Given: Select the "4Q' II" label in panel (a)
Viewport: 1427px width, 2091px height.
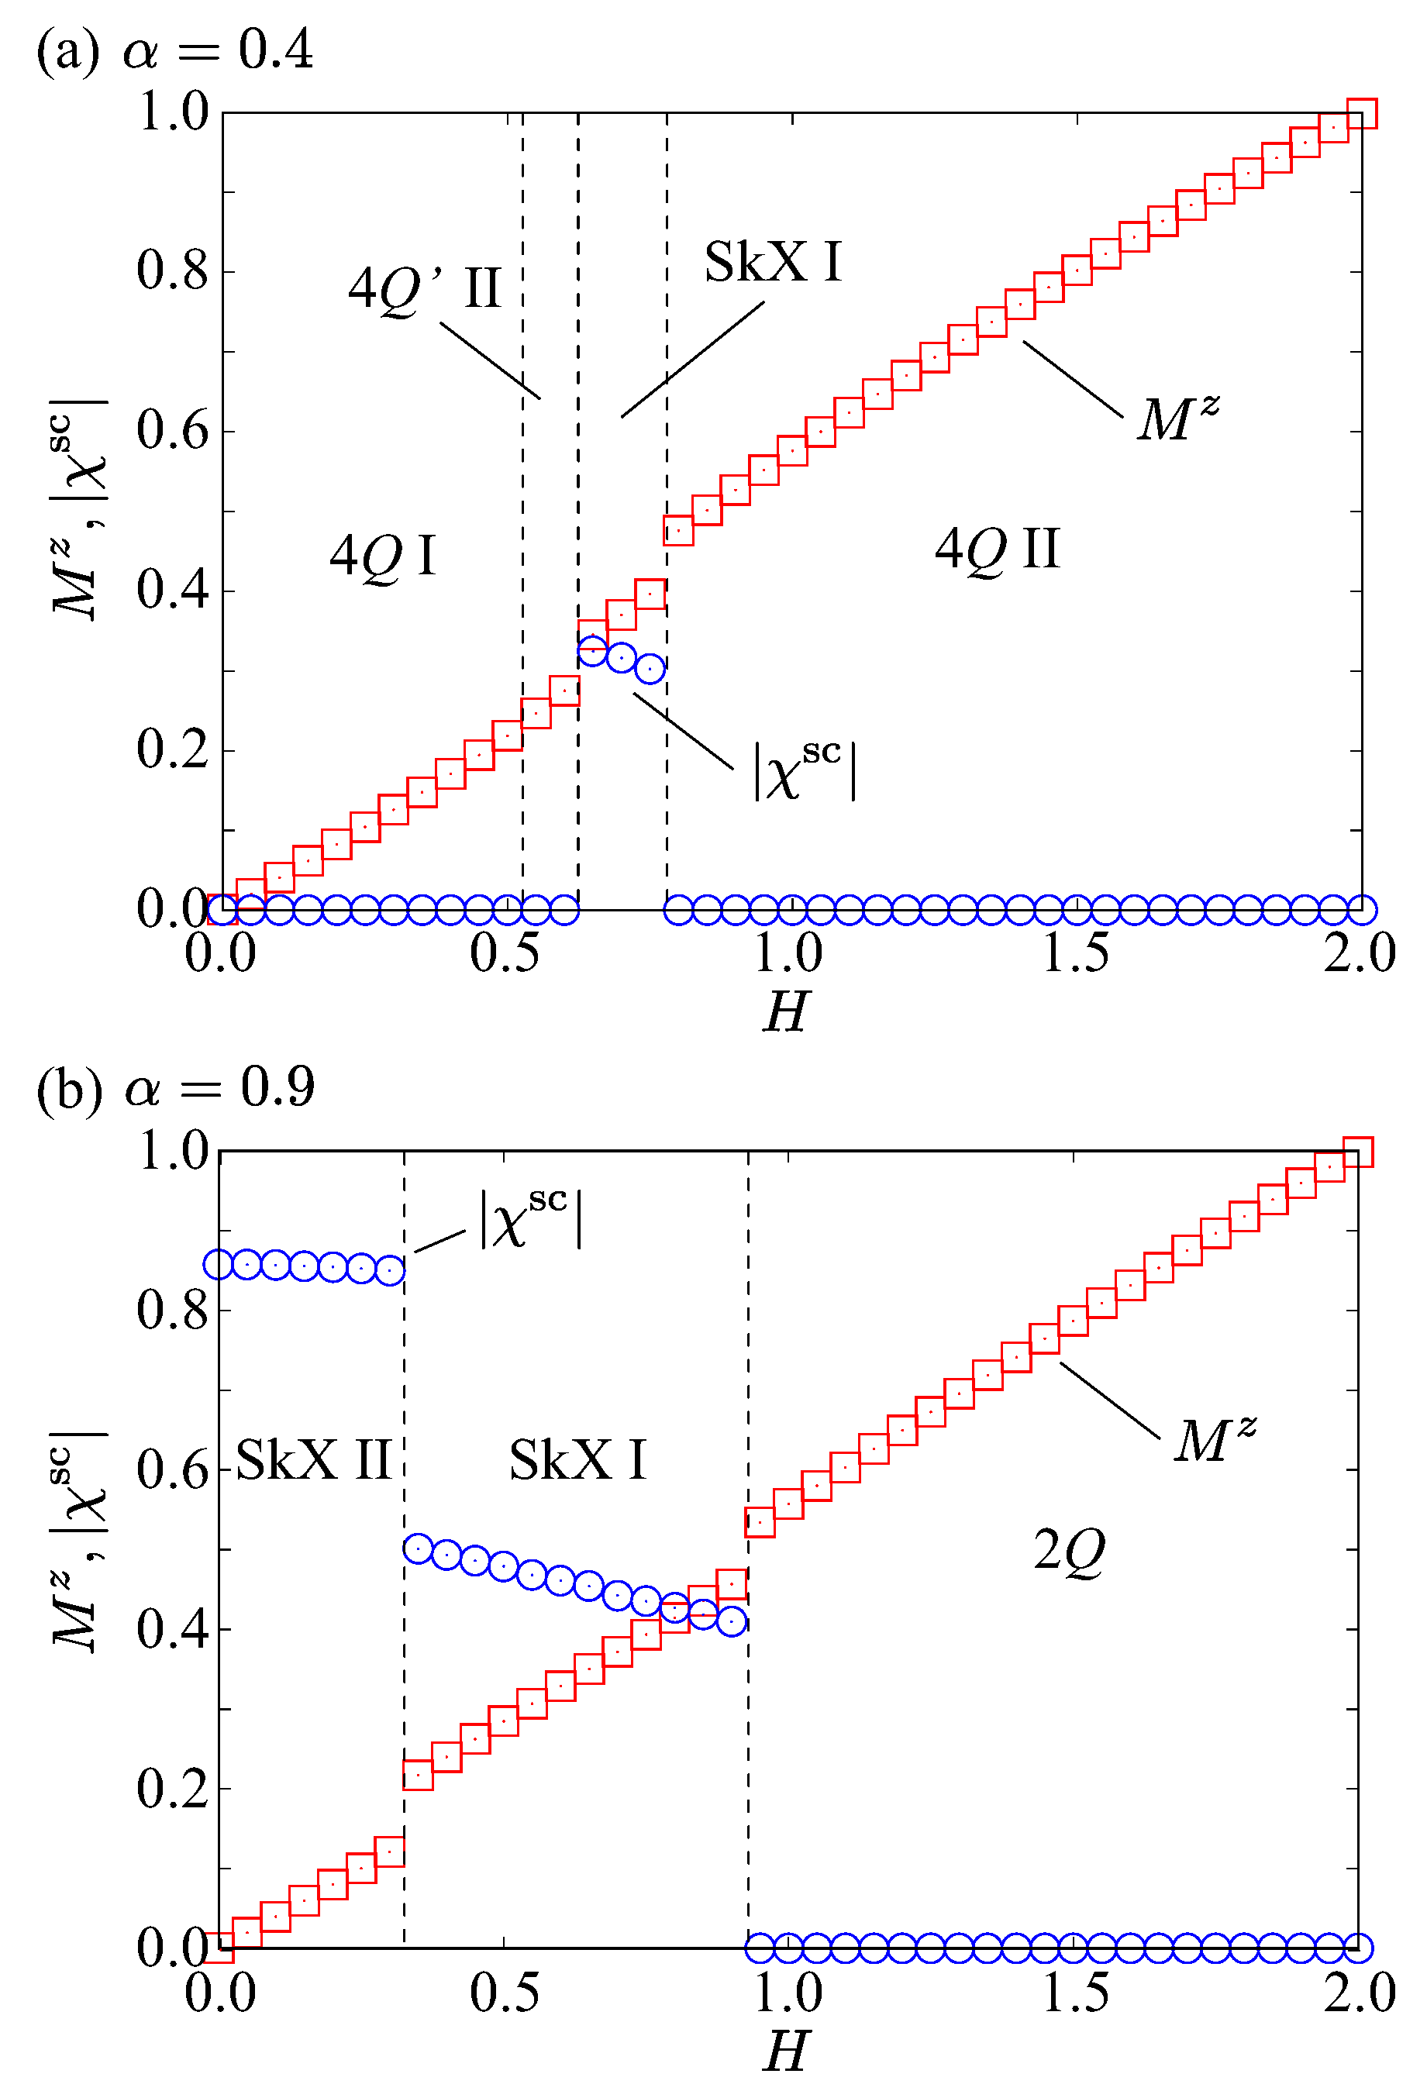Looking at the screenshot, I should click(x=424, y=290).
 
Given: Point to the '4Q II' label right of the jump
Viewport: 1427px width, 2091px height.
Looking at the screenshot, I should click(x=997, y=549).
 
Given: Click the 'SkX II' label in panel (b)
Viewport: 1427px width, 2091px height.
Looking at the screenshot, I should click(x=313, y=1460).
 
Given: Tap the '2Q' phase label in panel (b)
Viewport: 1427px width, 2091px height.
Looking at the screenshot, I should click(x=1068, y=1551).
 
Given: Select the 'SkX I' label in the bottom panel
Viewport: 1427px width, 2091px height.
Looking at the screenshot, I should click(x=577, y=1460).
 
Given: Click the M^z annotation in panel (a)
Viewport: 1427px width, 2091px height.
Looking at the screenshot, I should click(x=1177, y=419).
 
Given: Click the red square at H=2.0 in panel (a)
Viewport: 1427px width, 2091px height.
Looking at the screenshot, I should click(x=1361, y=113).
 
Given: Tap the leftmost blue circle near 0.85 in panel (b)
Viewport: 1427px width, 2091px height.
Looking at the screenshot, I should click(x=219, y=1264).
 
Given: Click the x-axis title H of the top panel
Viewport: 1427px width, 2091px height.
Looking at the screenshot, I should click(x=785, y=1012).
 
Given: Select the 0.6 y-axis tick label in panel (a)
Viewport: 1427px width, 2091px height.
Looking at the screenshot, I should click(x=172, y=430).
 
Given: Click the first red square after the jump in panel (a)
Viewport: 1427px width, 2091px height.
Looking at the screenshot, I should click(x=678, y=531).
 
